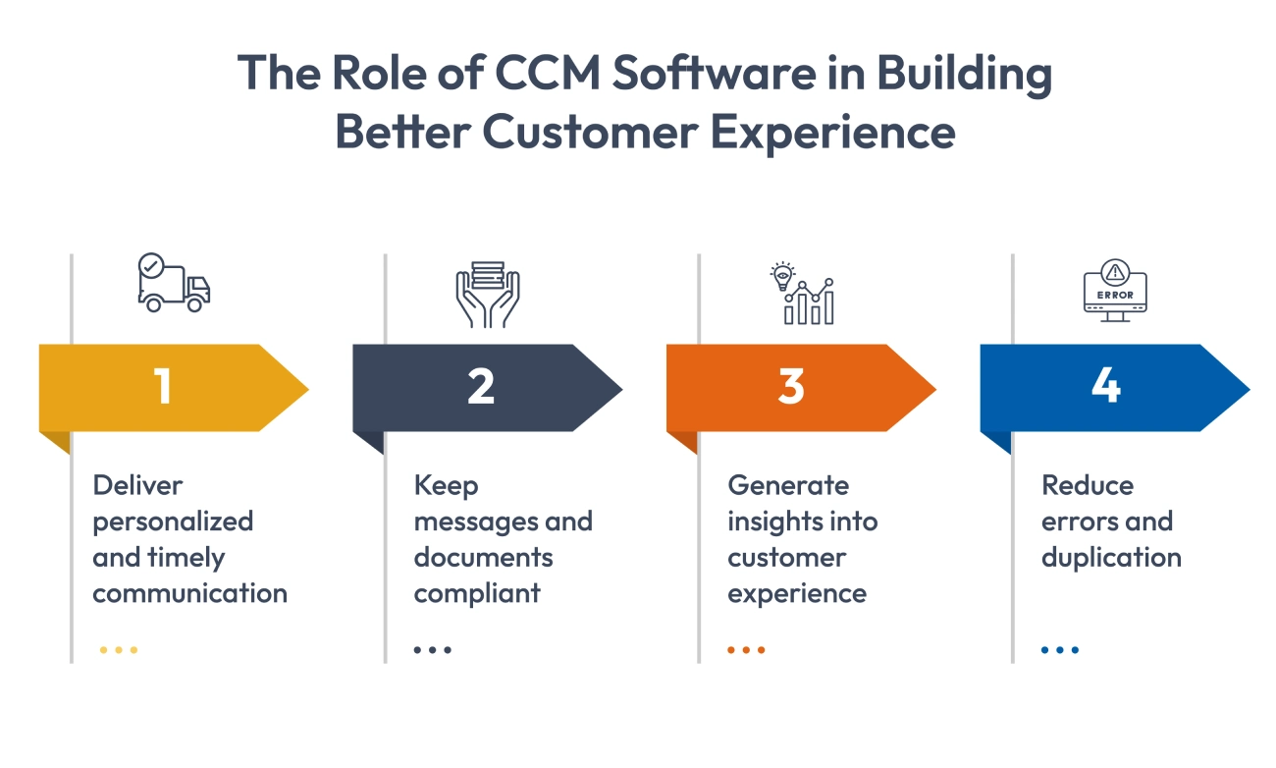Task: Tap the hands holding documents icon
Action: tap(488, 293)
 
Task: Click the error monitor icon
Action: tap(1115, 292)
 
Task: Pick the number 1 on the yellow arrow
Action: tap(163, 387)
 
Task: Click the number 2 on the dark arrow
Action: tap(480, 387)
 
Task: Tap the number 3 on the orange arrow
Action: tap(791, 387)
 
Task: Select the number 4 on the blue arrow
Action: tap(1105, 387)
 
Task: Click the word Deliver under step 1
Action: tap(138, 485)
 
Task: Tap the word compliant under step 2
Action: tap(477, 593)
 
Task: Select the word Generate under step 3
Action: tap(788, 485)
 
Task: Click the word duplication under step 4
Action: tap(1111, 558)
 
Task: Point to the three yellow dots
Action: tap(119, 649)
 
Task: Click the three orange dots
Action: tap(747, 649)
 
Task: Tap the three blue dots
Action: tap(1060, 649)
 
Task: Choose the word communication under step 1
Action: tap(190, 593)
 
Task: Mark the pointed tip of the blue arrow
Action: tap(1248, 389)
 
